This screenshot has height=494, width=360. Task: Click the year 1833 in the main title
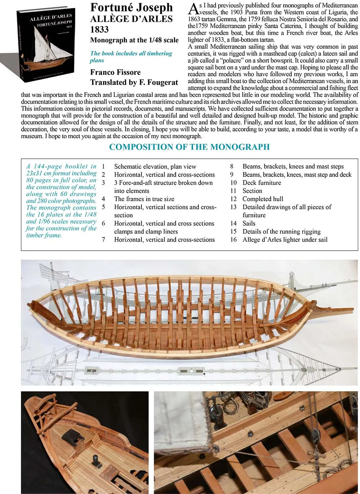click(x=100, y=30)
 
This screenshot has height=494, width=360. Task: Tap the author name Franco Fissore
click(x=115, y=72)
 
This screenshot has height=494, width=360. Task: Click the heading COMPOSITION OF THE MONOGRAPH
click(x=189, y=147)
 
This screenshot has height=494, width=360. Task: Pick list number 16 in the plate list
click(x=234, y=239)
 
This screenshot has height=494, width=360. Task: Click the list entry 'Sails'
click(x=249, y=223)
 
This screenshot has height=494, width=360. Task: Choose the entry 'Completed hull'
click(x=263, y=199)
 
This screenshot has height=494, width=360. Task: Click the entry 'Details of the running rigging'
click(x=282, y=232)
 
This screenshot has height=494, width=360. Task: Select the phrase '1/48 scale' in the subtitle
click(x=163, y=40)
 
